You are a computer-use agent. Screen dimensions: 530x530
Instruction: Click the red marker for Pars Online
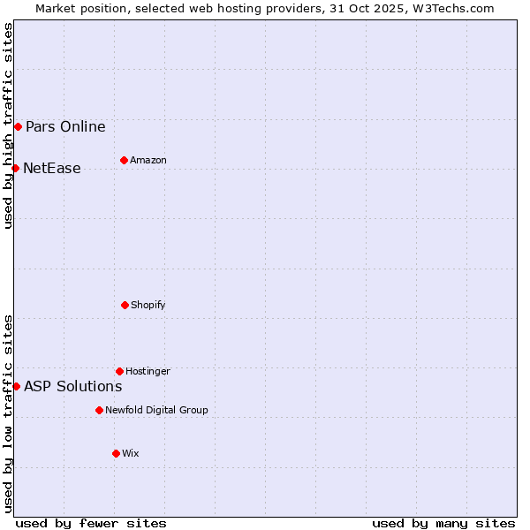[x=18, y=126]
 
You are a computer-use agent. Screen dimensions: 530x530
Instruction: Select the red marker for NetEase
[x=15, y=168]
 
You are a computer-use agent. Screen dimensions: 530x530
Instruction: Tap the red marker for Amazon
[x=124, y=160]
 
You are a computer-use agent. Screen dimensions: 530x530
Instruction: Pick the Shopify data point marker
[x=125, y=305]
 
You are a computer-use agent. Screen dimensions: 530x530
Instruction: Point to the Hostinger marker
[x=119, y=371]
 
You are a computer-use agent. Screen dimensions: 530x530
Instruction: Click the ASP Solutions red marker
[x=16, y=386]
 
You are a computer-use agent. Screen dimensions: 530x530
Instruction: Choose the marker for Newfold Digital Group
[x=99, y=410]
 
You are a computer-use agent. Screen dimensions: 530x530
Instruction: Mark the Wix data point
[x=116, y=453]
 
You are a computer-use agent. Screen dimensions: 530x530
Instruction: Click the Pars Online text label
[x=65, y=126]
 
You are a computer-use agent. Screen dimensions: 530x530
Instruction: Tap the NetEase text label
[x=52, y=168]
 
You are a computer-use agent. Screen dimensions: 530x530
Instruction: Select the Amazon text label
[x=148, y=160]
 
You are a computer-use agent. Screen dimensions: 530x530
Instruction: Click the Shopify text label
[x=148, y=305]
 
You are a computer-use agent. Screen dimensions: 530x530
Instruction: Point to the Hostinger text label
[x=148, y=371]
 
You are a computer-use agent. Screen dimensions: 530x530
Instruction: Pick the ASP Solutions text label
[x=73, y=386]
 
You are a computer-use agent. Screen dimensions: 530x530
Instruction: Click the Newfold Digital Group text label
[x=156, y=410]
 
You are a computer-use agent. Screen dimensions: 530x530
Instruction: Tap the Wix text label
[x=131, y=453]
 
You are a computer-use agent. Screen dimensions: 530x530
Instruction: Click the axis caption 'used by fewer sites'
[x=91, y=523]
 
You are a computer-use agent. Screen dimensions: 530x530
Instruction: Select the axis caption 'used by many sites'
[x=443, y=523]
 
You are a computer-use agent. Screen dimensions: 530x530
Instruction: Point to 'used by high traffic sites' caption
[x=8, y=125]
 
